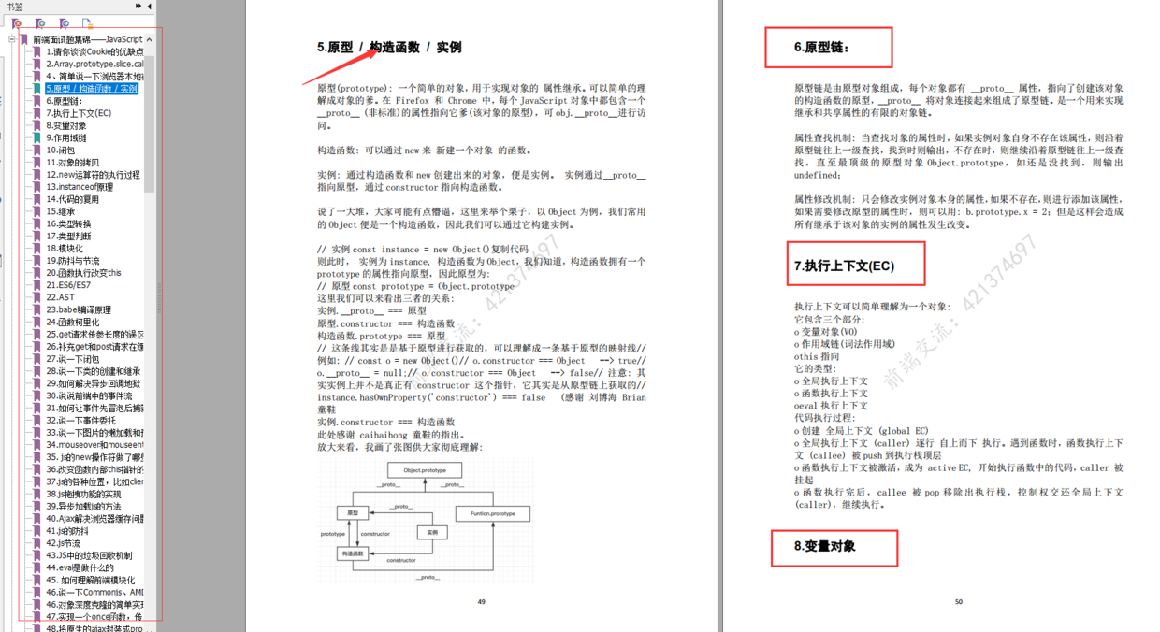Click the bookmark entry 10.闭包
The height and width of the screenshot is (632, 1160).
(x=61, y=150)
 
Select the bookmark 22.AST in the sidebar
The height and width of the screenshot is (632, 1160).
(x=61, y=297)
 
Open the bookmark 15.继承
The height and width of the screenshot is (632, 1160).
(x=61, y=211)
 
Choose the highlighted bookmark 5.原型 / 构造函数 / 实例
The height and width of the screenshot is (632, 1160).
(x=92, y=89)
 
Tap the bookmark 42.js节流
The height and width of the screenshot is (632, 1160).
(x=64, y=543)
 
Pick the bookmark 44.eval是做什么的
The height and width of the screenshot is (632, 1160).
(x=80, y=567)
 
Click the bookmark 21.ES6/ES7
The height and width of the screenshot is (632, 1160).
(x=68, y=285)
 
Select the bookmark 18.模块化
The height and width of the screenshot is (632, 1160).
(x=65, y=249)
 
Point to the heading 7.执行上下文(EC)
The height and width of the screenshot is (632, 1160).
(x=844, y=266)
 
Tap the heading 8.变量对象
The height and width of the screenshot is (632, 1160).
(x=824, y=546)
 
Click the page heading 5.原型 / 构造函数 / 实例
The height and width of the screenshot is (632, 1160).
(x=389, y=48)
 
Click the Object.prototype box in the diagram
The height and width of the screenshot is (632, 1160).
(x=425, y=470)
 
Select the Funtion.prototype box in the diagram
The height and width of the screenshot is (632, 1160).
(x=493, y=513)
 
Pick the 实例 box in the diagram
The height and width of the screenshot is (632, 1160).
(x=432, y=532)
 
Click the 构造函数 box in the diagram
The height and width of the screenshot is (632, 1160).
(x=353, y=553)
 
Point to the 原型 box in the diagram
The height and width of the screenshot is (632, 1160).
(x=353, y=513)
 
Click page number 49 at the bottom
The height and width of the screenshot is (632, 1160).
(x=482, y=602)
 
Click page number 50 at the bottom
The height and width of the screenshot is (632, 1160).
(x=958, y=602)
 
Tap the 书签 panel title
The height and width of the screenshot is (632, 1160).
(x=15, y=7)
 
